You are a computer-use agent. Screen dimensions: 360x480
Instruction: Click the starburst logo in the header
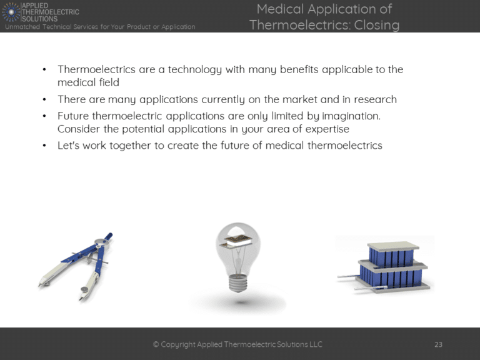[11, 11]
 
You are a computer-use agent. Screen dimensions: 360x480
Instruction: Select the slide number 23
[438, 344]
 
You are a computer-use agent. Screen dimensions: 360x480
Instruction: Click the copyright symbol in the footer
[156, 344]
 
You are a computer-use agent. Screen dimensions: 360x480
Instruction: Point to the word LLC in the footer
[315, 344]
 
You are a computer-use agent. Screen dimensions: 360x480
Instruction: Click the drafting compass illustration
[75, 266]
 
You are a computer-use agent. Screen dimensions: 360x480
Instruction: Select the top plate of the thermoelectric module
[393, 245]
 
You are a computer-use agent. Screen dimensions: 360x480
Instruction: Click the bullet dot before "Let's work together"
[44, 146]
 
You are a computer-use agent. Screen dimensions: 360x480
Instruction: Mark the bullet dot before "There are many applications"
[44, 100]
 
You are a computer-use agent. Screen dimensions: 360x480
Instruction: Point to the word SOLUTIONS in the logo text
[40, 19]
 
